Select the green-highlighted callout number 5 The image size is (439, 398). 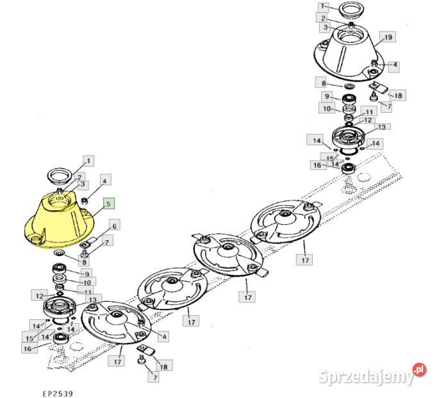pos(109,204)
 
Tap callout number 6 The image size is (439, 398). pos(114,226)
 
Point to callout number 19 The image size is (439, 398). pos(388,37)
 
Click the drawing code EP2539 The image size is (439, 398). pos(58,394)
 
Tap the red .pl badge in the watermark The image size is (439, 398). pos(419,370)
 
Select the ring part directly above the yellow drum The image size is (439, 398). pos(60,177)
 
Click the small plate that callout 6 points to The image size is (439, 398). pos(89,242)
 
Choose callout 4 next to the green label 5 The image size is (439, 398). pos(104,181)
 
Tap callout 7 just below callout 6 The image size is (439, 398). pos(106,242)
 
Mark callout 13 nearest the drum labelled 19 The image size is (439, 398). pos(381,128)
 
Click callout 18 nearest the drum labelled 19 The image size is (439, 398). pos(397,95)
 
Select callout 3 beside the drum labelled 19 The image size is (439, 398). pos(326,28)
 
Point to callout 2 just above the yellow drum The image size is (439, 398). pos(79,177)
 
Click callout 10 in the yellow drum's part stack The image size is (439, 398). pos(87,283)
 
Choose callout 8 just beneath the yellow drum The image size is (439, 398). pos(84,262)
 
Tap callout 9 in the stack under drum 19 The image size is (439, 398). pos(327,96)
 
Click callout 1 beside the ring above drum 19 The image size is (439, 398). pos(322,6)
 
